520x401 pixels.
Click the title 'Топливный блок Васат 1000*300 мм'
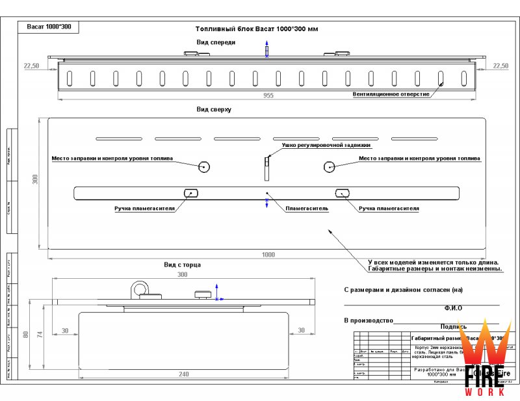tap(256, 29)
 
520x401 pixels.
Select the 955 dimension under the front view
tap(268, 96)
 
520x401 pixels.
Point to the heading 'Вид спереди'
tap(216, 42)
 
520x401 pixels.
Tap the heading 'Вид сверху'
tap(214, 110)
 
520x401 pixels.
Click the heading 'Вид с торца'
tap(182, 265)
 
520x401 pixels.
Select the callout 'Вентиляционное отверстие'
tap(391, 94)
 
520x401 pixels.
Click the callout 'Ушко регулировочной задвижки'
tap(322, 146)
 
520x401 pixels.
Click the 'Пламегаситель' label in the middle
tap(307, 209)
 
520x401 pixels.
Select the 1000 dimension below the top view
tap(268, 254)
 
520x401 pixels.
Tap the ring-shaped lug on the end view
tap(138, 287)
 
